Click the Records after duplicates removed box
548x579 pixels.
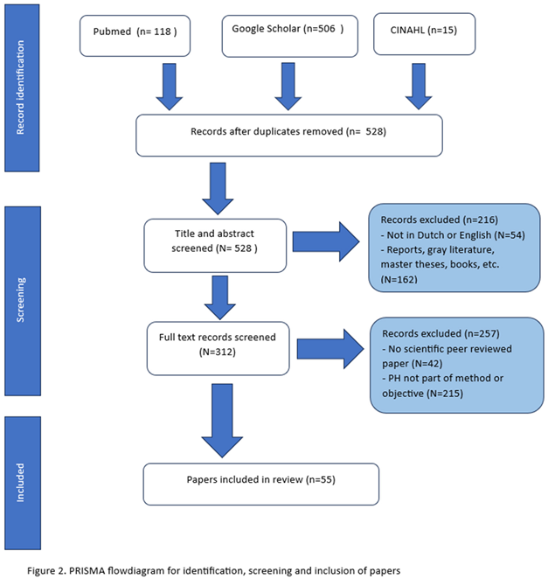(288, 134)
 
